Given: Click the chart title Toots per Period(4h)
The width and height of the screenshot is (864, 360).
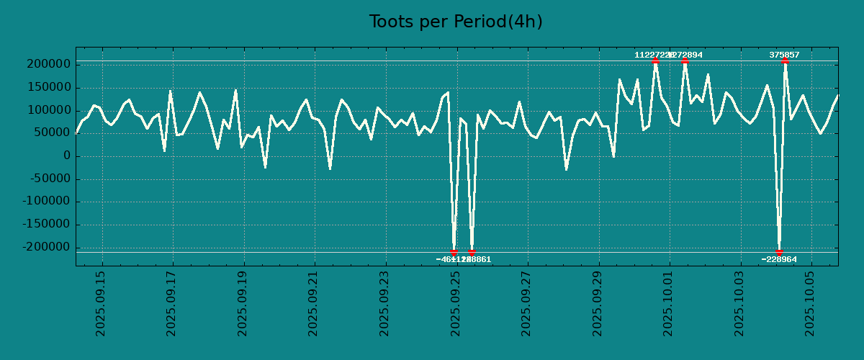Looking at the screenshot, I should (455, 22).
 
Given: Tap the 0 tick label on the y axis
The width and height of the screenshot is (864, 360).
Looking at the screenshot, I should (66, 156).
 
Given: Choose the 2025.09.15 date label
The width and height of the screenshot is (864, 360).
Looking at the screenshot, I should (102, 303).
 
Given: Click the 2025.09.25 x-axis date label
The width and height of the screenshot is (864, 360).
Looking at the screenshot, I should (456, 303).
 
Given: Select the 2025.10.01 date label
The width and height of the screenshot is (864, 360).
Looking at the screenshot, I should (668, 303).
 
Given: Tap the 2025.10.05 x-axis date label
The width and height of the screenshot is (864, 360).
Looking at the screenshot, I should (810, 303).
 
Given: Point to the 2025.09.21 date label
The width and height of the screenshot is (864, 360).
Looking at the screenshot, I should (314, 303).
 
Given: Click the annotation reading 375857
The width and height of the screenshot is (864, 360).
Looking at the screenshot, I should (784, 55).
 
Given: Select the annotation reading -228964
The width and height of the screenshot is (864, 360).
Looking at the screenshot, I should (779, 259).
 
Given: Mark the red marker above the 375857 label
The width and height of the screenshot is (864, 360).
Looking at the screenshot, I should (785, 61).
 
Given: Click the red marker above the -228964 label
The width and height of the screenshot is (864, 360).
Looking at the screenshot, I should (779, 252).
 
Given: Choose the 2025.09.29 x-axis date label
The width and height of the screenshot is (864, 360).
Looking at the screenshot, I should (598, 303).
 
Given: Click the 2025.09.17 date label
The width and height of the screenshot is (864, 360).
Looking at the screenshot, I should (172, 303).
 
